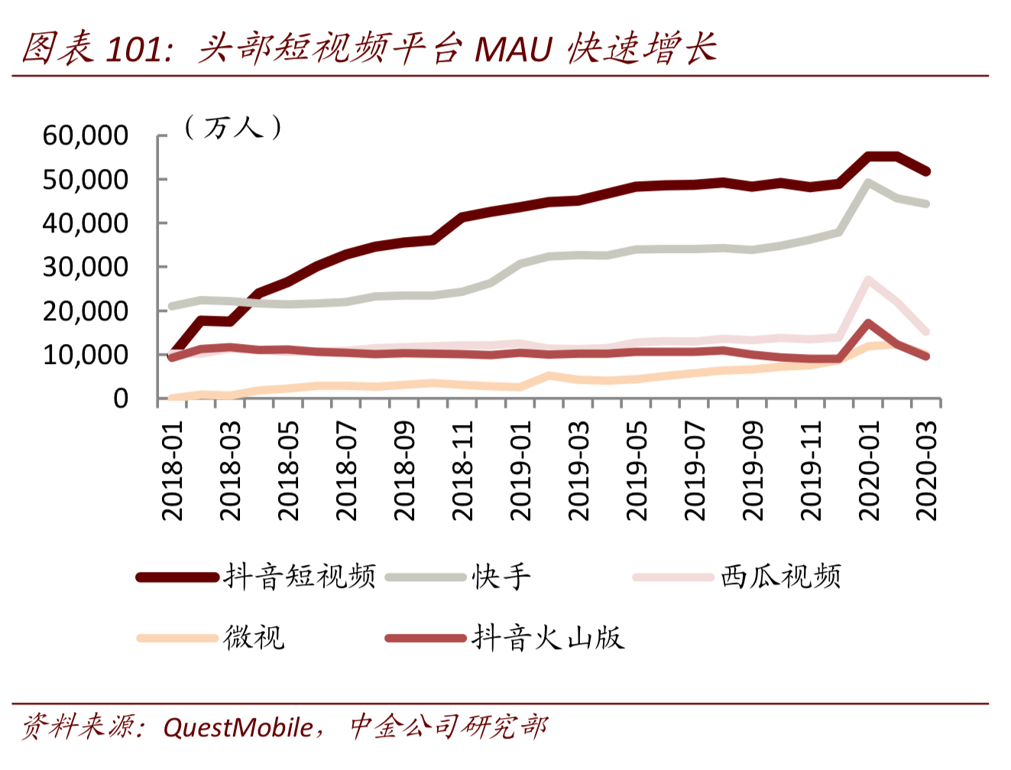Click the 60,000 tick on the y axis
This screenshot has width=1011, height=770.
click(x=85, y=135)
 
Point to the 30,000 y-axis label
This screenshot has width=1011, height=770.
click(x=85, y=267)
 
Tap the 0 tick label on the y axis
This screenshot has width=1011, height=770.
click(x=121, y=398)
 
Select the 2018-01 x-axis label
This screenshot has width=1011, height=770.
click(x=173, y=470)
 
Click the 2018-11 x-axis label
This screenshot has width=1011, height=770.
click(x=463, y=470)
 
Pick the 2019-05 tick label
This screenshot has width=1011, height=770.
click(x=637, y=470)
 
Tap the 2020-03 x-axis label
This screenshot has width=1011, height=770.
click(x=927, y=470)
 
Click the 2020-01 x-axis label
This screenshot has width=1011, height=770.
click(x=869, y=470)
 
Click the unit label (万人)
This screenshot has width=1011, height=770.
click(x=233, y=127)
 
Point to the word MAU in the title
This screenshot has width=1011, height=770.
click(x=513, y=50)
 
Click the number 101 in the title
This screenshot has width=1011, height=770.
click(x=134, y=50)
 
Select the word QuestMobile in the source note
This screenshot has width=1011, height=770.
click(x=238, y=727)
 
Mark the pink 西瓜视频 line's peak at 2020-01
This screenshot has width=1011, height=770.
click(x=868, y=281)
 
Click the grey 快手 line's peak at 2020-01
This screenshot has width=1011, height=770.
click(x=868, y=183)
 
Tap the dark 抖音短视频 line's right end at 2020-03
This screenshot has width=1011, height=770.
click(x=926, y=171)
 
